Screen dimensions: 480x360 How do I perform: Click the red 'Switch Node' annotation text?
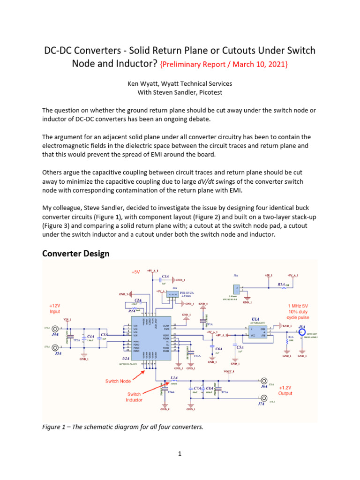click(118, 381)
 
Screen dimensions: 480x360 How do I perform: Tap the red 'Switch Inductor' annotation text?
click(134, 397)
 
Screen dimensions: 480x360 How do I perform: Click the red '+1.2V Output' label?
click(285, 390)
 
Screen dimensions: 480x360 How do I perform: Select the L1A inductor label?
click(174, 378)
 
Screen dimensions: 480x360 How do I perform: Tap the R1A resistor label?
click(281, 284)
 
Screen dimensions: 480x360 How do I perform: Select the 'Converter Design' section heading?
click(75, 254)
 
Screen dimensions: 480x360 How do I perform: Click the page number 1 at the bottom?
click(180, 454)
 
